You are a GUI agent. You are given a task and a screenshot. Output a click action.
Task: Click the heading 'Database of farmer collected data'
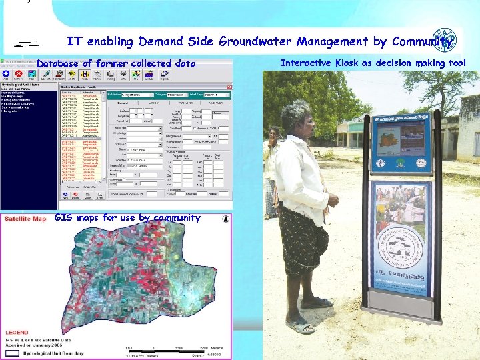click(x=117, y=63)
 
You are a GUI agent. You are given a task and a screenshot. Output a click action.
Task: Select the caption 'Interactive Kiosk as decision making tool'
click(x=373, y=63)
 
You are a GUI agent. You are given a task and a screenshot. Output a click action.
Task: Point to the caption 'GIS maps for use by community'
click(x=127, y=217)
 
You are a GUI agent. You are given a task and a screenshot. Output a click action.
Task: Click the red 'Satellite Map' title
click(x=24, y=219)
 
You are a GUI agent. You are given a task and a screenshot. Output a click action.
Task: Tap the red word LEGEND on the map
click(x=17, y=331)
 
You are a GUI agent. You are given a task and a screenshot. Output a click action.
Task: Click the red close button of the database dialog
click(x=229, y=87)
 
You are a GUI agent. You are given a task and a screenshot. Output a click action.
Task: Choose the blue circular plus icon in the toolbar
click(x=6, y=74)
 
